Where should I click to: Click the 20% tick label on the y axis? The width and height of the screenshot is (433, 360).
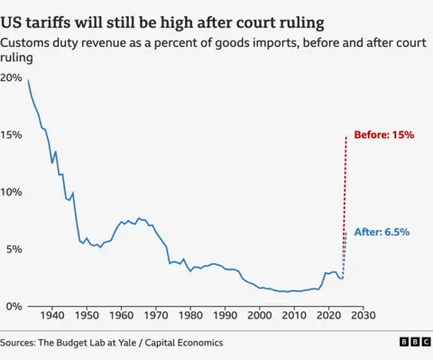point(11,78)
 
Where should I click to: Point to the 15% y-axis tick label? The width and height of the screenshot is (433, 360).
point(11,134)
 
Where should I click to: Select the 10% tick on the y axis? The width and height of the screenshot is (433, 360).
point(11,191)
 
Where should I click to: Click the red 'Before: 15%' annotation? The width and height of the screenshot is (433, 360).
point(383,134)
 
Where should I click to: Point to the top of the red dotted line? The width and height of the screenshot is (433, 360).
point(346,135)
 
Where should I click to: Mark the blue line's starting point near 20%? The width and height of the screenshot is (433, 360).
point(28,80)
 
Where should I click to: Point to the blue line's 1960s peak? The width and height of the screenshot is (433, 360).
point(138,217)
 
